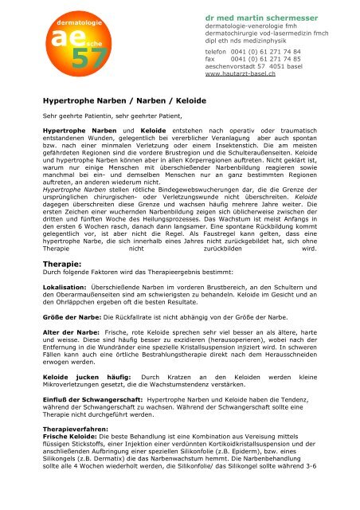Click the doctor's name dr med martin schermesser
point(270,17)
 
